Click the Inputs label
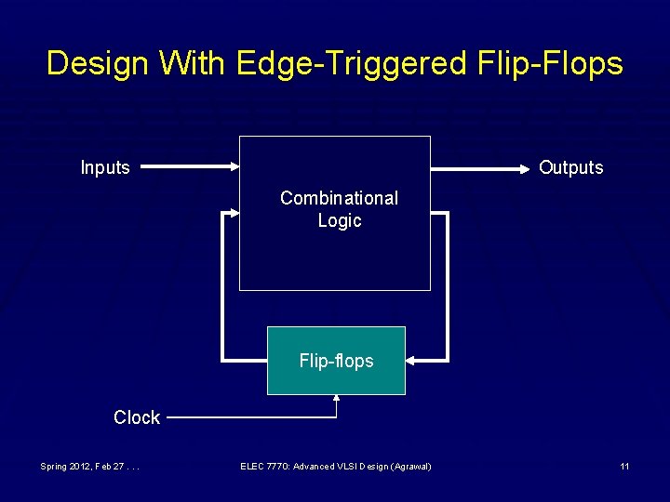pos(105,167)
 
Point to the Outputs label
pos(570,167)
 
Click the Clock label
pos(137,417)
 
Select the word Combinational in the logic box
pos(339,198)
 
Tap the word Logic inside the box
pos(339,221)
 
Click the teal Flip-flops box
pos(336,361)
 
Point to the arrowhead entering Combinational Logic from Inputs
pos(234,167)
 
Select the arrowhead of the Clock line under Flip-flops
pos(336,401)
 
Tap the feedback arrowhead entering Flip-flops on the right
pos(413,360)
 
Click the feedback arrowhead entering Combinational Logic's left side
pos(233,214)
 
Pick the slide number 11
pos(625,466)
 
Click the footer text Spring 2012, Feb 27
pos(89,466)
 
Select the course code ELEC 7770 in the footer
pos(264,466)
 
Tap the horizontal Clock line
pos(251,418)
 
